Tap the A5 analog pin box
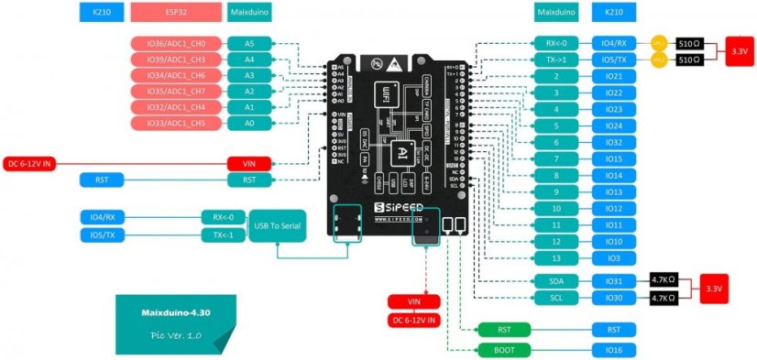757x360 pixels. click(248, 43)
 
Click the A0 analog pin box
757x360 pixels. click(248, 123)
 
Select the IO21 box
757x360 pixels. click(614, 76)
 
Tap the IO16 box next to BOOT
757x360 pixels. click(614, 350)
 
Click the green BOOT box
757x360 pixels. click(503, 350)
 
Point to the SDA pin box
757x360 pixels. click(555, 281)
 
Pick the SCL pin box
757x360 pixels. click(555, 298)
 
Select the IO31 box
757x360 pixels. click(614, 281)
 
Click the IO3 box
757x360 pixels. click(614, 258)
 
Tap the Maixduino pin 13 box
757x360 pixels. click(555, 258)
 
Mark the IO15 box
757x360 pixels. click(614, 159)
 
